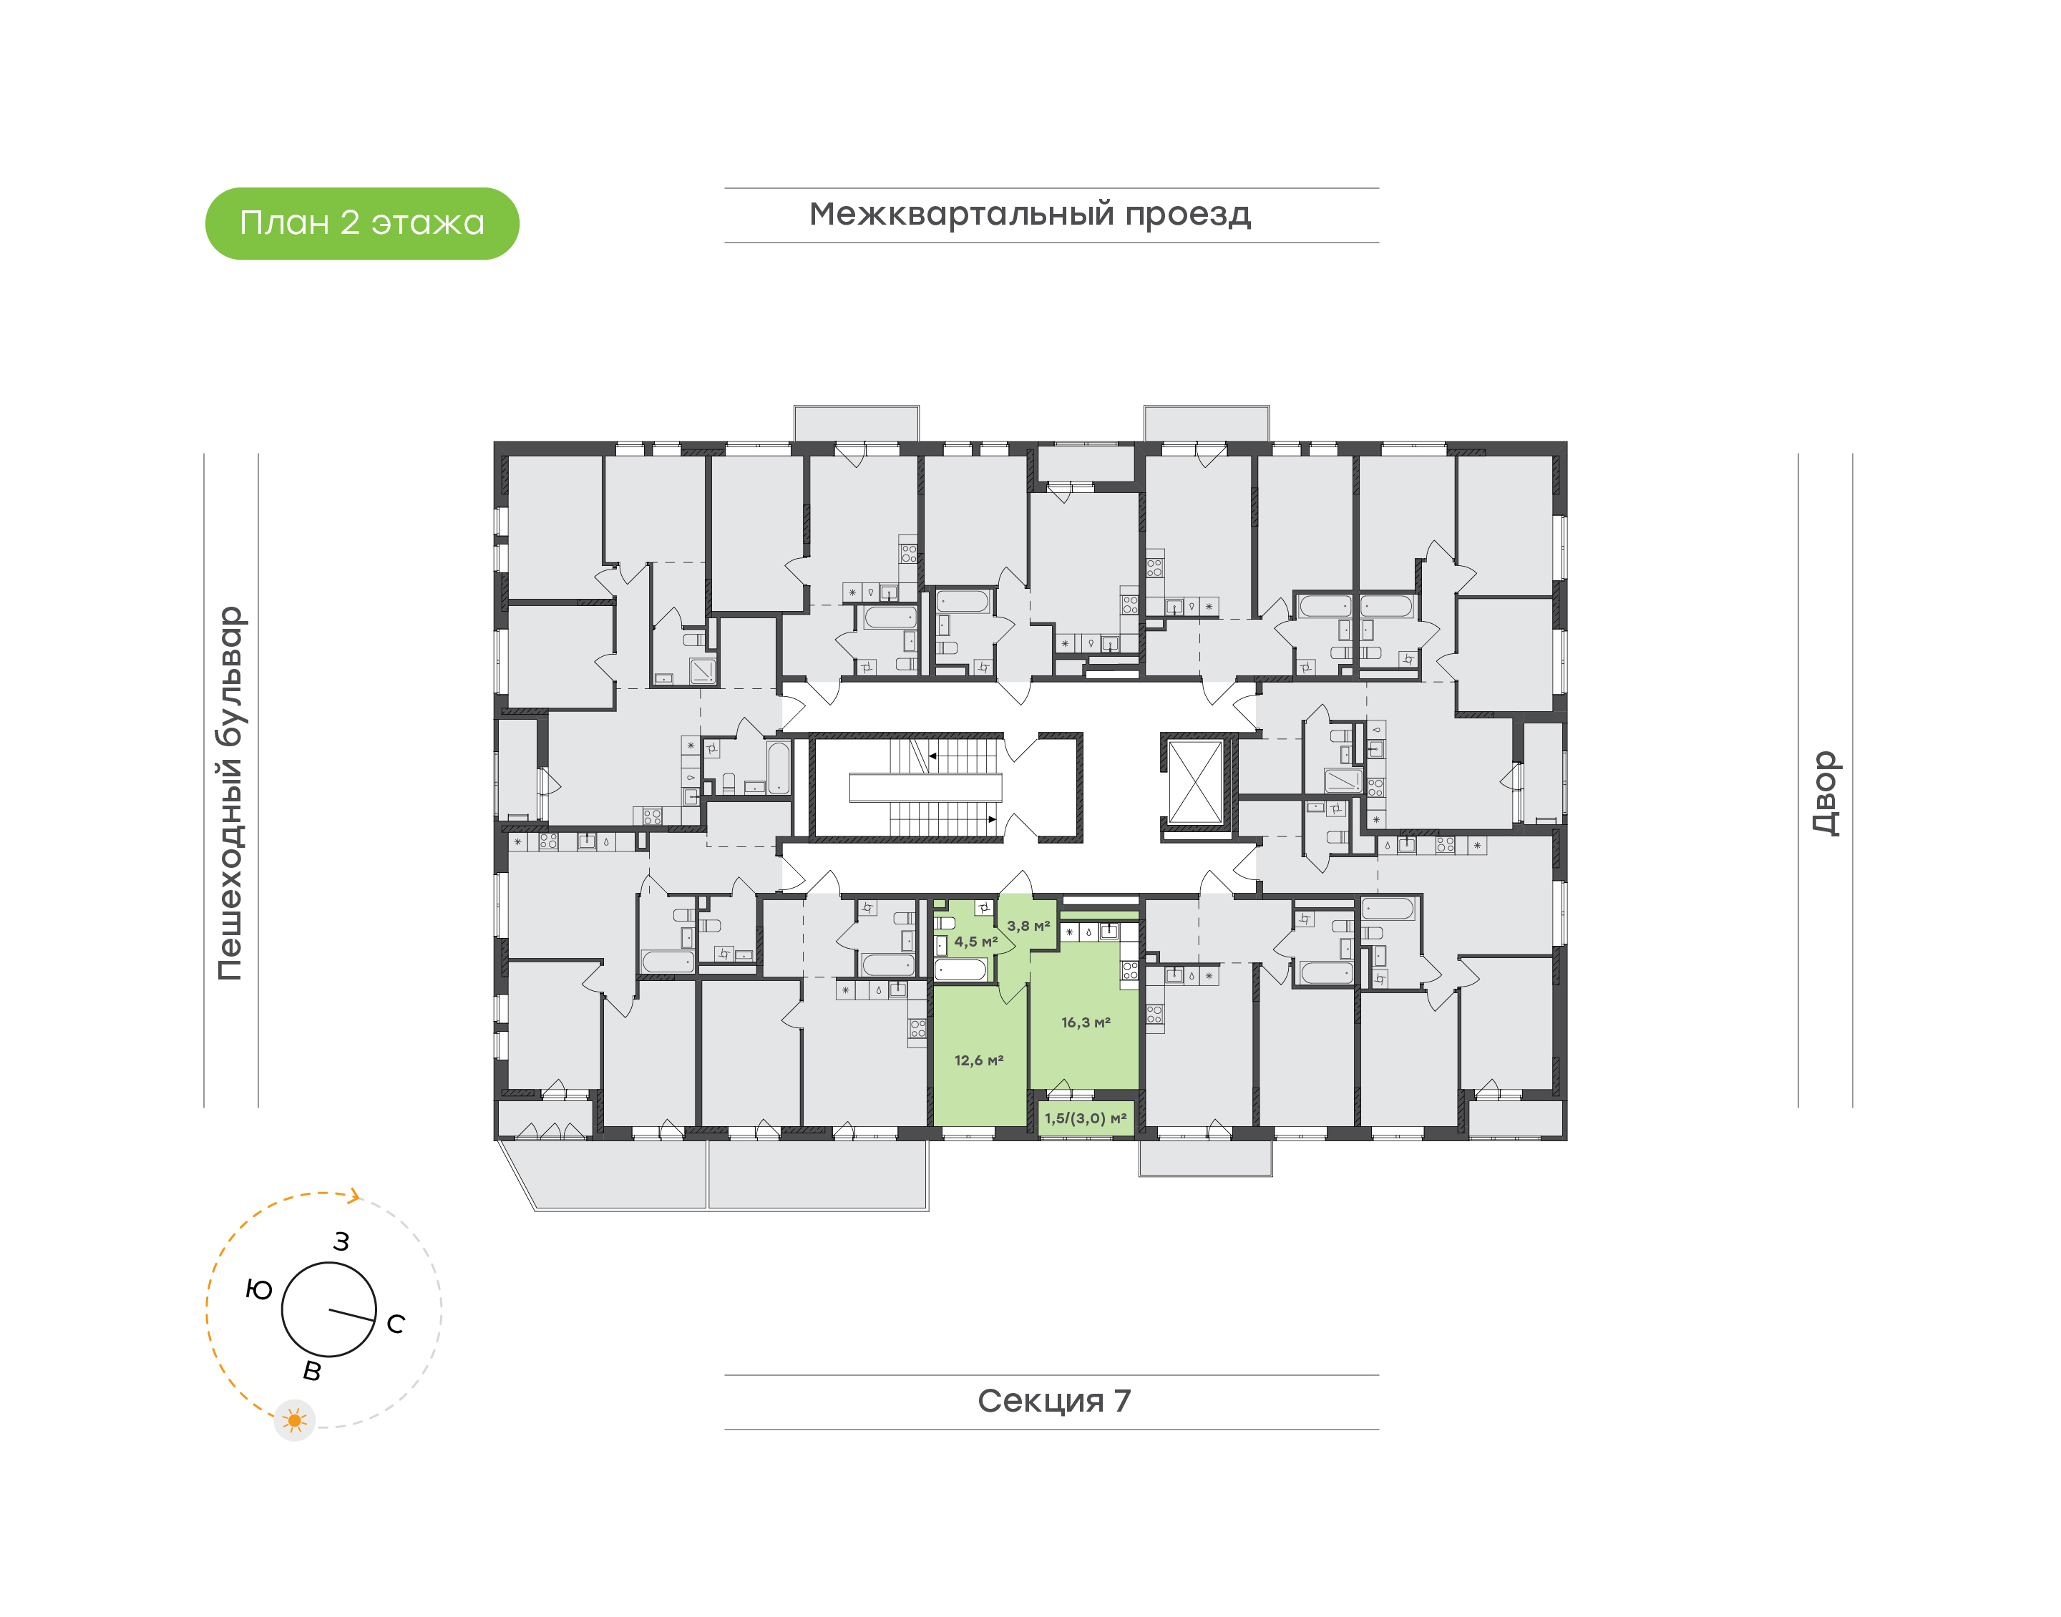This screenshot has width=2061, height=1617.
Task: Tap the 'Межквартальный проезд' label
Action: click(1029, 215)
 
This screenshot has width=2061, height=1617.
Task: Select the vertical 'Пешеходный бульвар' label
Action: click(230, 793)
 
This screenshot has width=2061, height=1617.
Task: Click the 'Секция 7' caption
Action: click(1053, 1400)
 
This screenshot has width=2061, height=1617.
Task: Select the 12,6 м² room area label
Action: click(978, 1060)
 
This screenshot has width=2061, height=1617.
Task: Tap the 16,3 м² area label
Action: click(1085, 1022)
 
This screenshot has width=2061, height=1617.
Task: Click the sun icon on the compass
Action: click(294, 1420)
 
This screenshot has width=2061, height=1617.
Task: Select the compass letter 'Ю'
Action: click(258, 1289)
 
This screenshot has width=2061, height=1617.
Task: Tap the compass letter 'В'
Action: click(311, 1371)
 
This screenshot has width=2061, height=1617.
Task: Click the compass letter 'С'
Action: click(396, 1324)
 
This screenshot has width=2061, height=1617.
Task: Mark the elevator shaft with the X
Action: click(1195, 783)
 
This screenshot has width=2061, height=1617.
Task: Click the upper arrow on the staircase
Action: click(933, 756)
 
